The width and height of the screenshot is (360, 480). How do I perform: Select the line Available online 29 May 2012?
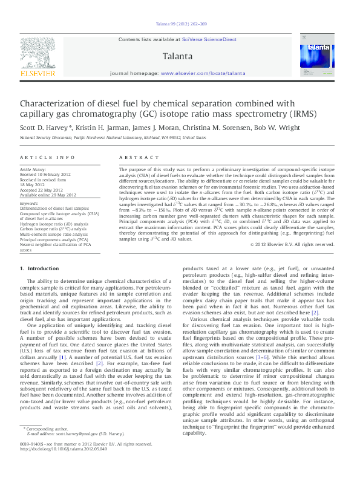(48, 195)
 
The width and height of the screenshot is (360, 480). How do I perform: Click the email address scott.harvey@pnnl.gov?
(79, 451)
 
